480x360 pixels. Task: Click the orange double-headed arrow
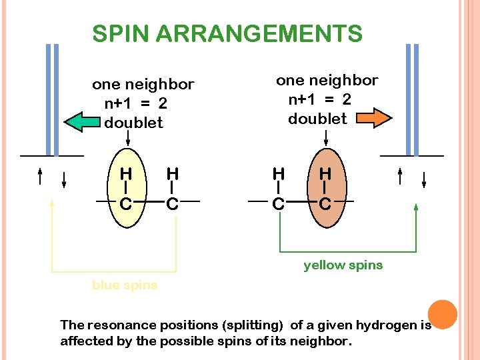click(x=374, y=118)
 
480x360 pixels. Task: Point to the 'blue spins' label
click(x=125, y=285)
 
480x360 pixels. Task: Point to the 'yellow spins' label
click(x=343, y=265)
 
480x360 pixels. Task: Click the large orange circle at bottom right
click(x=442, y=314)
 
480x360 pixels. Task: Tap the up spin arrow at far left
click(x=40, y=176)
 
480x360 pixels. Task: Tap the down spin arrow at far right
click(x=424, y=179)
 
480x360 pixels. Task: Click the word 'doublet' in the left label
click(x=133, y=123)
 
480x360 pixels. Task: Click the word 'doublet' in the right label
click(x=317, y=119)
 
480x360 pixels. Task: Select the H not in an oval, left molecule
click(x=173, y=174)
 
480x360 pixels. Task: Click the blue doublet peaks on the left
click(x=52, y=100)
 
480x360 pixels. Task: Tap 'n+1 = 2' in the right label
click(x=319, y=99)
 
